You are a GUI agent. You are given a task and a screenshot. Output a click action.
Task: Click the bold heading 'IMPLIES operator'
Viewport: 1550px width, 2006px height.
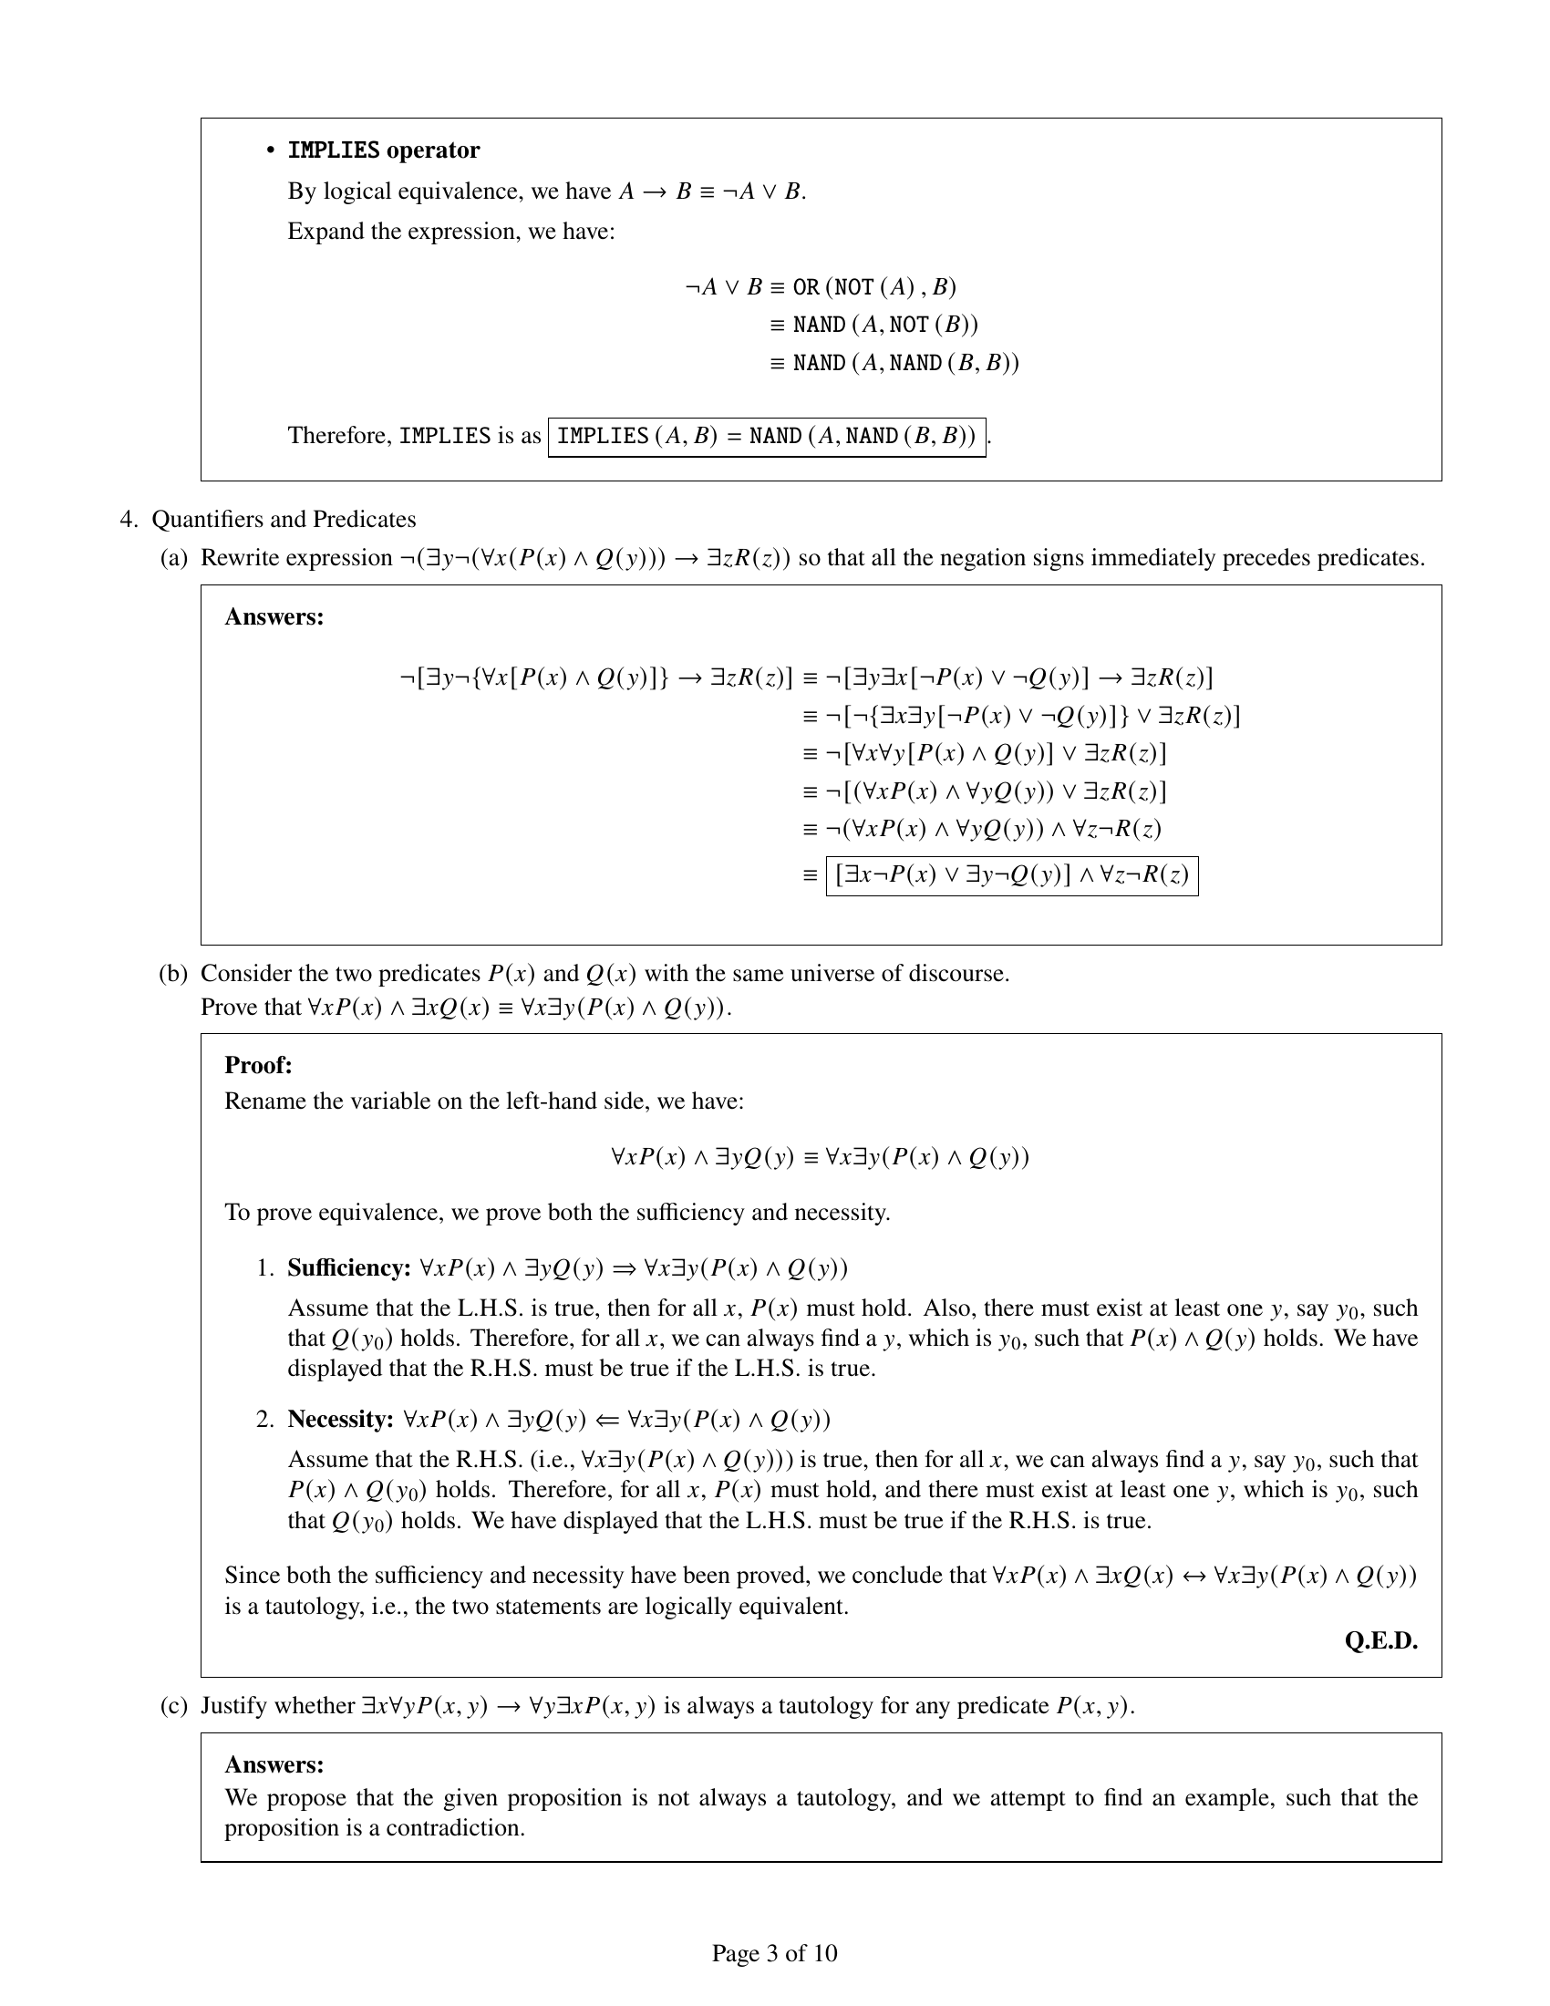pos(384,150)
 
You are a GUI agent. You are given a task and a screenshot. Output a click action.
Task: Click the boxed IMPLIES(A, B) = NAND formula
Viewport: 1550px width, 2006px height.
pos(767,436)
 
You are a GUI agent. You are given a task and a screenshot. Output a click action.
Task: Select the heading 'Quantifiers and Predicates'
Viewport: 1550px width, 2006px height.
pos(284,520)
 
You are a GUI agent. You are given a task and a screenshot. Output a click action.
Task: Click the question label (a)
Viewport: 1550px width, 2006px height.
pos(172,558)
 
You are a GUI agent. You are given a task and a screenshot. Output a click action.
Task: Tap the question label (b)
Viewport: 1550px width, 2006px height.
pos(172,974)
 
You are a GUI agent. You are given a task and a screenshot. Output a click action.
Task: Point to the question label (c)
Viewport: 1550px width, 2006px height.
pos(172,1706)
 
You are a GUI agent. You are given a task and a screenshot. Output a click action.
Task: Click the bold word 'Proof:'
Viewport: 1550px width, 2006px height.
pos(258,1065)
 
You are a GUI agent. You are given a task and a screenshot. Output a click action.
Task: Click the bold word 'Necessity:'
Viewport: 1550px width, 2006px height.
pos(341,1419)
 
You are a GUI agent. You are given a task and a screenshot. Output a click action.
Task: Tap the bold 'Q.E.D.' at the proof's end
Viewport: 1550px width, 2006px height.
pos(1380,1640)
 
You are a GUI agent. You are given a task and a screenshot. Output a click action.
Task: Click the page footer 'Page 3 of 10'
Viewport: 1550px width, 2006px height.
pos(774,1953)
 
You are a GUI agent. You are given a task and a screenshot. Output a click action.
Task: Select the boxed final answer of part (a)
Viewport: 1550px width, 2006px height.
pos(1012,875)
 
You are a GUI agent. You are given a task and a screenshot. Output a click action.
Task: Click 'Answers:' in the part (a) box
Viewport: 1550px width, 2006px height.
pos(274,617)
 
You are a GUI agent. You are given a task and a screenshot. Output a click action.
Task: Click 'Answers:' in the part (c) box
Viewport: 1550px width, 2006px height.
pos(274,1764)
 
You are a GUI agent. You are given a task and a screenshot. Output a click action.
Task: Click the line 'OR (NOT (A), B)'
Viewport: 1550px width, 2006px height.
pos(874,287)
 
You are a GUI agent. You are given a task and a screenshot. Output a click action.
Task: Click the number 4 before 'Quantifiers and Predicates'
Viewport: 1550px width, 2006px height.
pos(128,520)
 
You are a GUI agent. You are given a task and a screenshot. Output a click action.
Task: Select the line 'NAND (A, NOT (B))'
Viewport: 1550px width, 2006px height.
pos(885,326)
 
